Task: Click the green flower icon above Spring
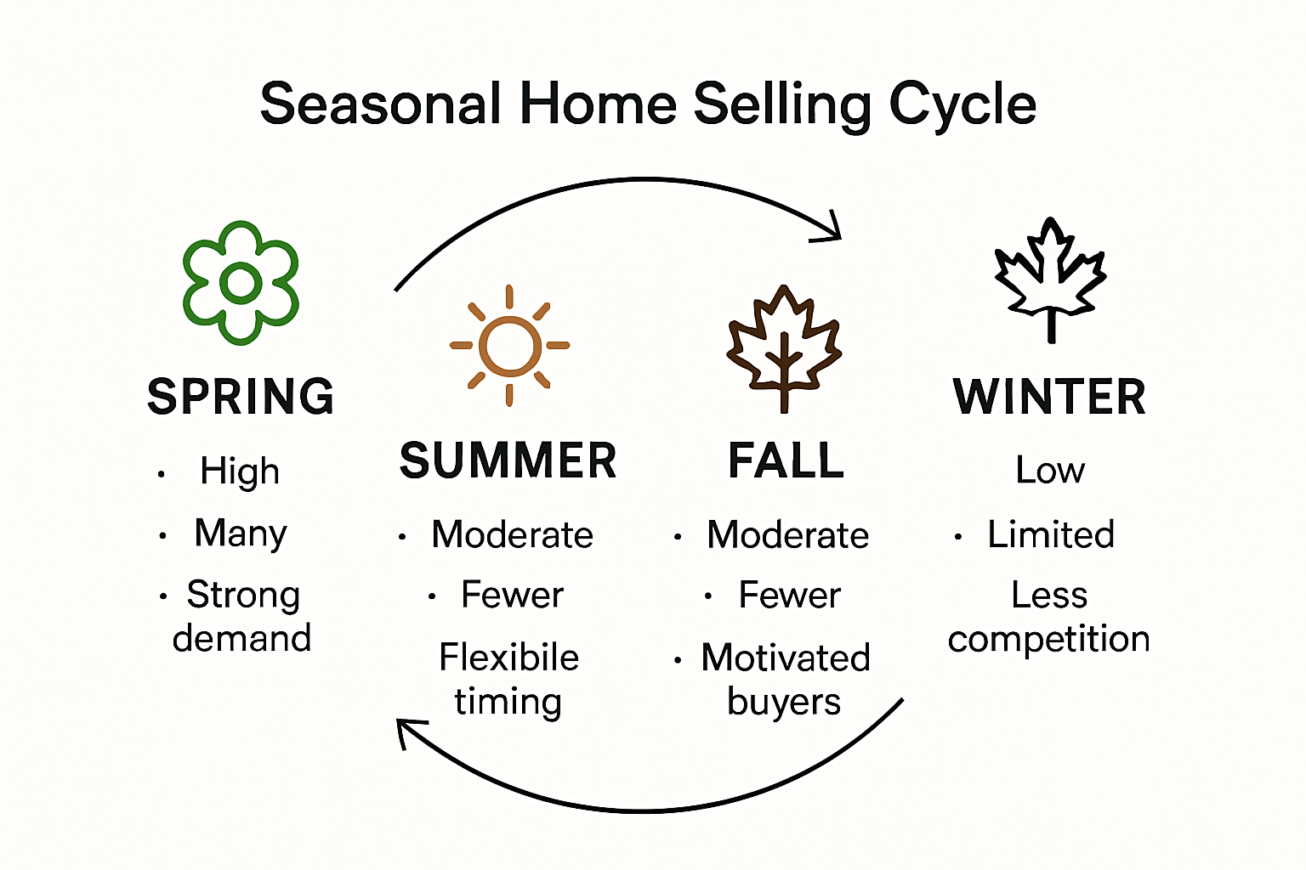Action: pyautogui.click(x=241, y=283)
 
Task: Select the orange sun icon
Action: pyautogui.click(x=509, y=346)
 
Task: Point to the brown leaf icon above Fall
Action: pyautogui.click(x=784, y=348)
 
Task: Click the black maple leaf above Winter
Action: pyautogui.click(x=1051, y=280)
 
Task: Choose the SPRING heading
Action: pyautogui.click(x=241, y=396)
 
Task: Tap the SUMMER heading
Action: pyautogui.click(x=508, y=460)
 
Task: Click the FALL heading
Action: pyautogui.click(x=786, y=460)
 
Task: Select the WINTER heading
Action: pyautogui.click(x=1049, y=396)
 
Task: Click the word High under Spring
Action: pyautogui.click(x=240, y=471)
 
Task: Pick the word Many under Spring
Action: pyautogui.click(x=241, y=534)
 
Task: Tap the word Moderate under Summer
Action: pyautogui.click(x=513, y=534)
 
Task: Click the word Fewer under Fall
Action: pyautogui.click(x=790, y=595)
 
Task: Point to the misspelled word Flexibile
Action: pyautogui.click(x=509, y=657)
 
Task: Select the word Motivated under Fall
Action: pyautogui.click(x=786, y=658)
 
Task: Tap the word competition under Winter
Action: pyautogui.click(x=1049, y=640)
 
